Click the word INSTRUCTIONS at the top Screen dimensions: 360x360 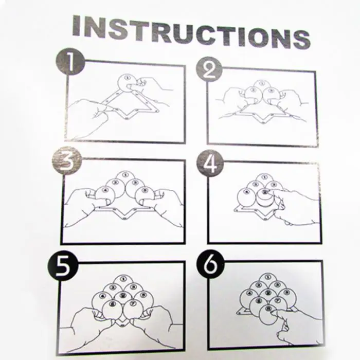point(191,32)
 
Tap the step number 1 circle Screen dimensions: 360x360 point(70,62)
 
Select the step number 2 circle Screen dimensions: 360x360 point(209,69)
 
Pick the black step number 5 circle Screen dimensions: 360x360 point(63,266)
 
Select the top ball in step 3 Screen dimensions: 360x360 point(124,179)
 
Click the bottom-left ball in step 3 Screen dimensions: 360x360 point(105,195)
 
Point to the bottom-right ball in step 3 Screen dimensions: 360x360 point(145,196)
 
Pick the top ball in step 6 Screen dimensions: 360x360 point(268,280)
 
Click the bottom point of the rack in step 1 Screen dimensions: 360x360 point(127,118)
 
